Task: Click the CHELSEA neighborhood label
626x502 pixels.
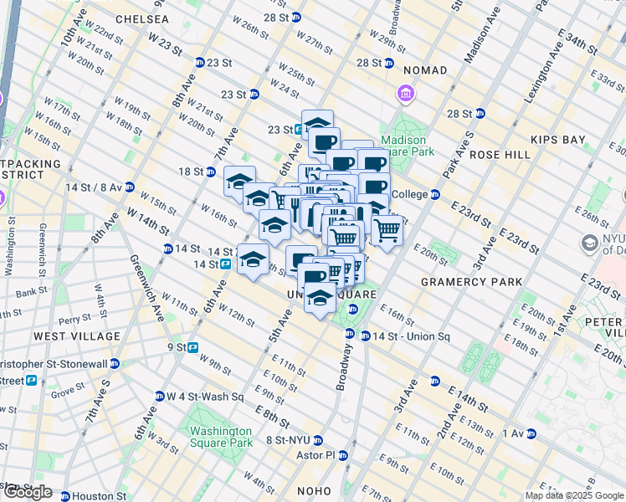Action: (142, 18)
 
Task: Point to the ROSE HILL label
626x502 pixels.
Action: (500, 155)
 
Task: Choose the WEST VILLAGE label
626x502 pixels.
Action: (77, 336)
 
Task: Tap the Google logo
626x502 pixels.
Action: (27, 492)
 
